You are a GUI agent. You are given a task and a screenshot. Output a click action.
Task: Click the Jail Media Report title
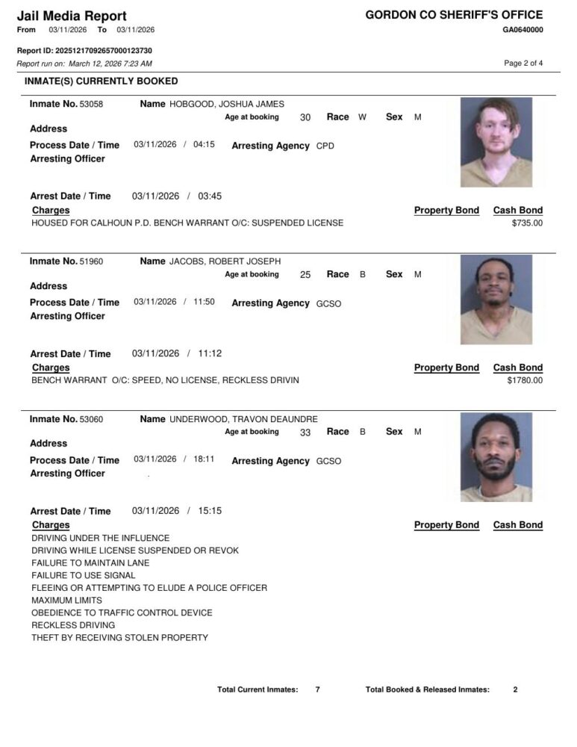click(72, 16)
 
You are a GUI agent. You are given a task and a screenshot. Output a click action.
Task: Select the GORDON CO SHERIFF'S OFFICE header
click(454, 15)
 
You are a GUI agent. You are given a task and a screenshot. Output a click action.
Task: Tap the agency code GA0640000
click(523, 30)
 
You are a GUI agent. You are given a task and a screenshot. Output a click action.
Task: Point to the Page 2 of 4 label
click(523, 63)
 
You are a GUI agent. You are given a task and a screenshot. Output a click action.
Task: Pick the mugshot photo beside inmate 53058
click(496, 141)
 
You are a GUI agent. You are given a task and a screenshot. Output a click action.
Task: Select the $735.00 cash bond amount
click(527, 223)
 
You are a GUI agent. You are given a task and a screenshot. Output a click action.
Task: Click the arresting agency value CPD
click(325, 146)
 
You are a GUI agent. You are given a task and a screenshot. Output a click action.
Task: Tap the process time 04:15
click(204, 145)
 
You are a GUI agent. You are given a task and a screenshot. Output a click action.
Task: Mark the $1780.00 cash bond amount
click(525, 380)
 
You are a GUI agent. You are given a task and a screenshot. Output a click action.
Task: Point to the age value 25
click(305, 275)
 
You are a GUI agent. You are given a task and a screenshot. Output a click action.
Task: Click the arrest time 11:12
click(210, 353)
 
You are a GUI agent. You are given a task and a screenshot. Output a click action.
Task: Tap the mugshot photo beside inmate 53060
click(496, 456)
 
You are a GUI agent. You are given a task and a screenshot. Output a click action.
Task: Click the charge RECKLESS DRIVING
click(73, 625)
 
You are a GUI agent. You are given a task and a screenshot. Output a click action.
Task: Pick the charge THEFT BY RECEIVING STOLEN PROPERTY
click(119, 638)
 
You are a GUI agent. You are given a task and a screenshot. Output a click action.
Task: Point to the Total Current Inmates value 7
click(317, 689)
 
